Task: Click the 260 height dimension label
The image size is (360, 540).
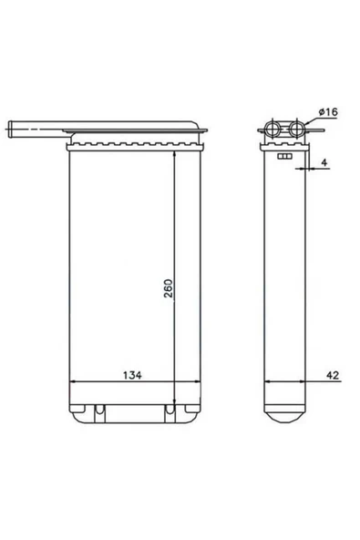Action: (168, 288)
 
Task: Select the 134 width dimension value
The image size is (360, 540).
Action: (132, 375)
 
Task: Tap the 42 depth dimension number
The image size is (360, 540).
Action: (333, 375)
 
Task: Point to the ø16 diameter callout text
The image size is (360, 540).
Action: (328, 112)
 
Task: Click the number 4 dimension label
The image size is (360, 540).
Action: (324, 162)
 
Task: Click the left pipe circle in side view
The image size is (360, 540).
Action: (273, 130)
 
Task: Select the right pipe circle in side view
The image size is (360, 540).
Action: (296, 129)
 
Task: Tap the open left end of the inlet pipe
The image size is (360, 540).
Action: (10, 130)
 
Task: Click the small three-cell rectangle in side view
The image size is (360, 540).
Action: (284, 156)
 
